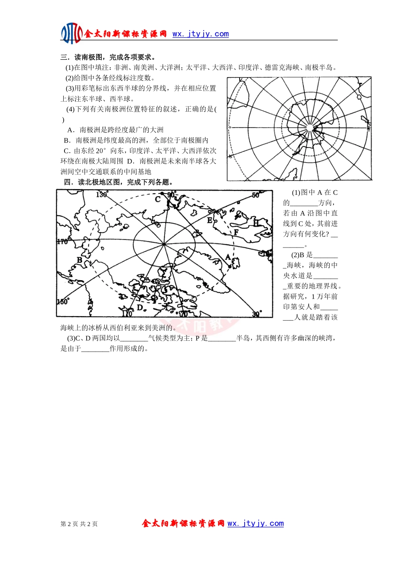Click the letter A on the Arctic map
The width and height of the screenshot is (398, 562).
[228, 257]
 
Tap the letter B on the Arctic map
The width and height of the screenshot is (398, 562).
[80, 260]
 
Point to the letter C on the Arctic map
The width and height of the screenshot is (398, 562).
[158, 199]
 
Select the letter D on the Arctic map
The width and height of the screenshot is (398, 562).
[140, 307]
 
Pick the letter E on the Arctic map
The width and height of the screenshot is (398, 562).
[209, 220]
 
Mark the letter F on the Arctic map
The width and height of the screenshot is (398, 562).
[236, 232]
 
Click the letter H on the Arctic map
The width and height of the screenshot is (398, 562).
[256, 223]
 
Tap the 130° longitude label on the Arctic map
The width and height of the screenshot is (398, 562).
[102, 194]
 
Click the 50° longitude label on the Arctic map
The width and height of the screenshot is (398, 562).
[256, 195]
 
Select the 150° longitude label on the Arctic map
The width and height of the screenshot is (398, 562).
[63, 301]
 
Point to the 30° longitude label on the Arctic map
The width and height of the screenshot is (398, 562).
[256, 314]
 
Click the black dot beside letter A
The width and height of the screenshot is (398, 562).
[230, 266]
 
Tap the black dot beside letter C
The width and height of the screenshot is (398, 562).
[163, 193]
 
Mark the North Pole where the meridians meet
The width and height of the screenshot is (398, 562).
[164, 244]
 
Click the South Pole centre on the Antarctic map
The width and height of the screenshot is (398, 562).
[310, 128]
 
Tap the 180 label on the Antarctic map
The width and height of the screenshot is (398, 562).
[369, 128]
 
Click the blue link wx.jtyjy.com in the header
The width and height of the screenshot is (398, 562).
[201, 34]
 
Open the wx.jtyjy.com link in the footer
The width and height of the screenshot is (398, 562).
[256, 524]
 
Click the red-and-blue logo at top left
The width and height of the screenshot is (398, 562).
[72, 33]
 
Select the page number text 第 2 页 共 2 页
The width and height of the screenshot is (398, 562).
[79, 524]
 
